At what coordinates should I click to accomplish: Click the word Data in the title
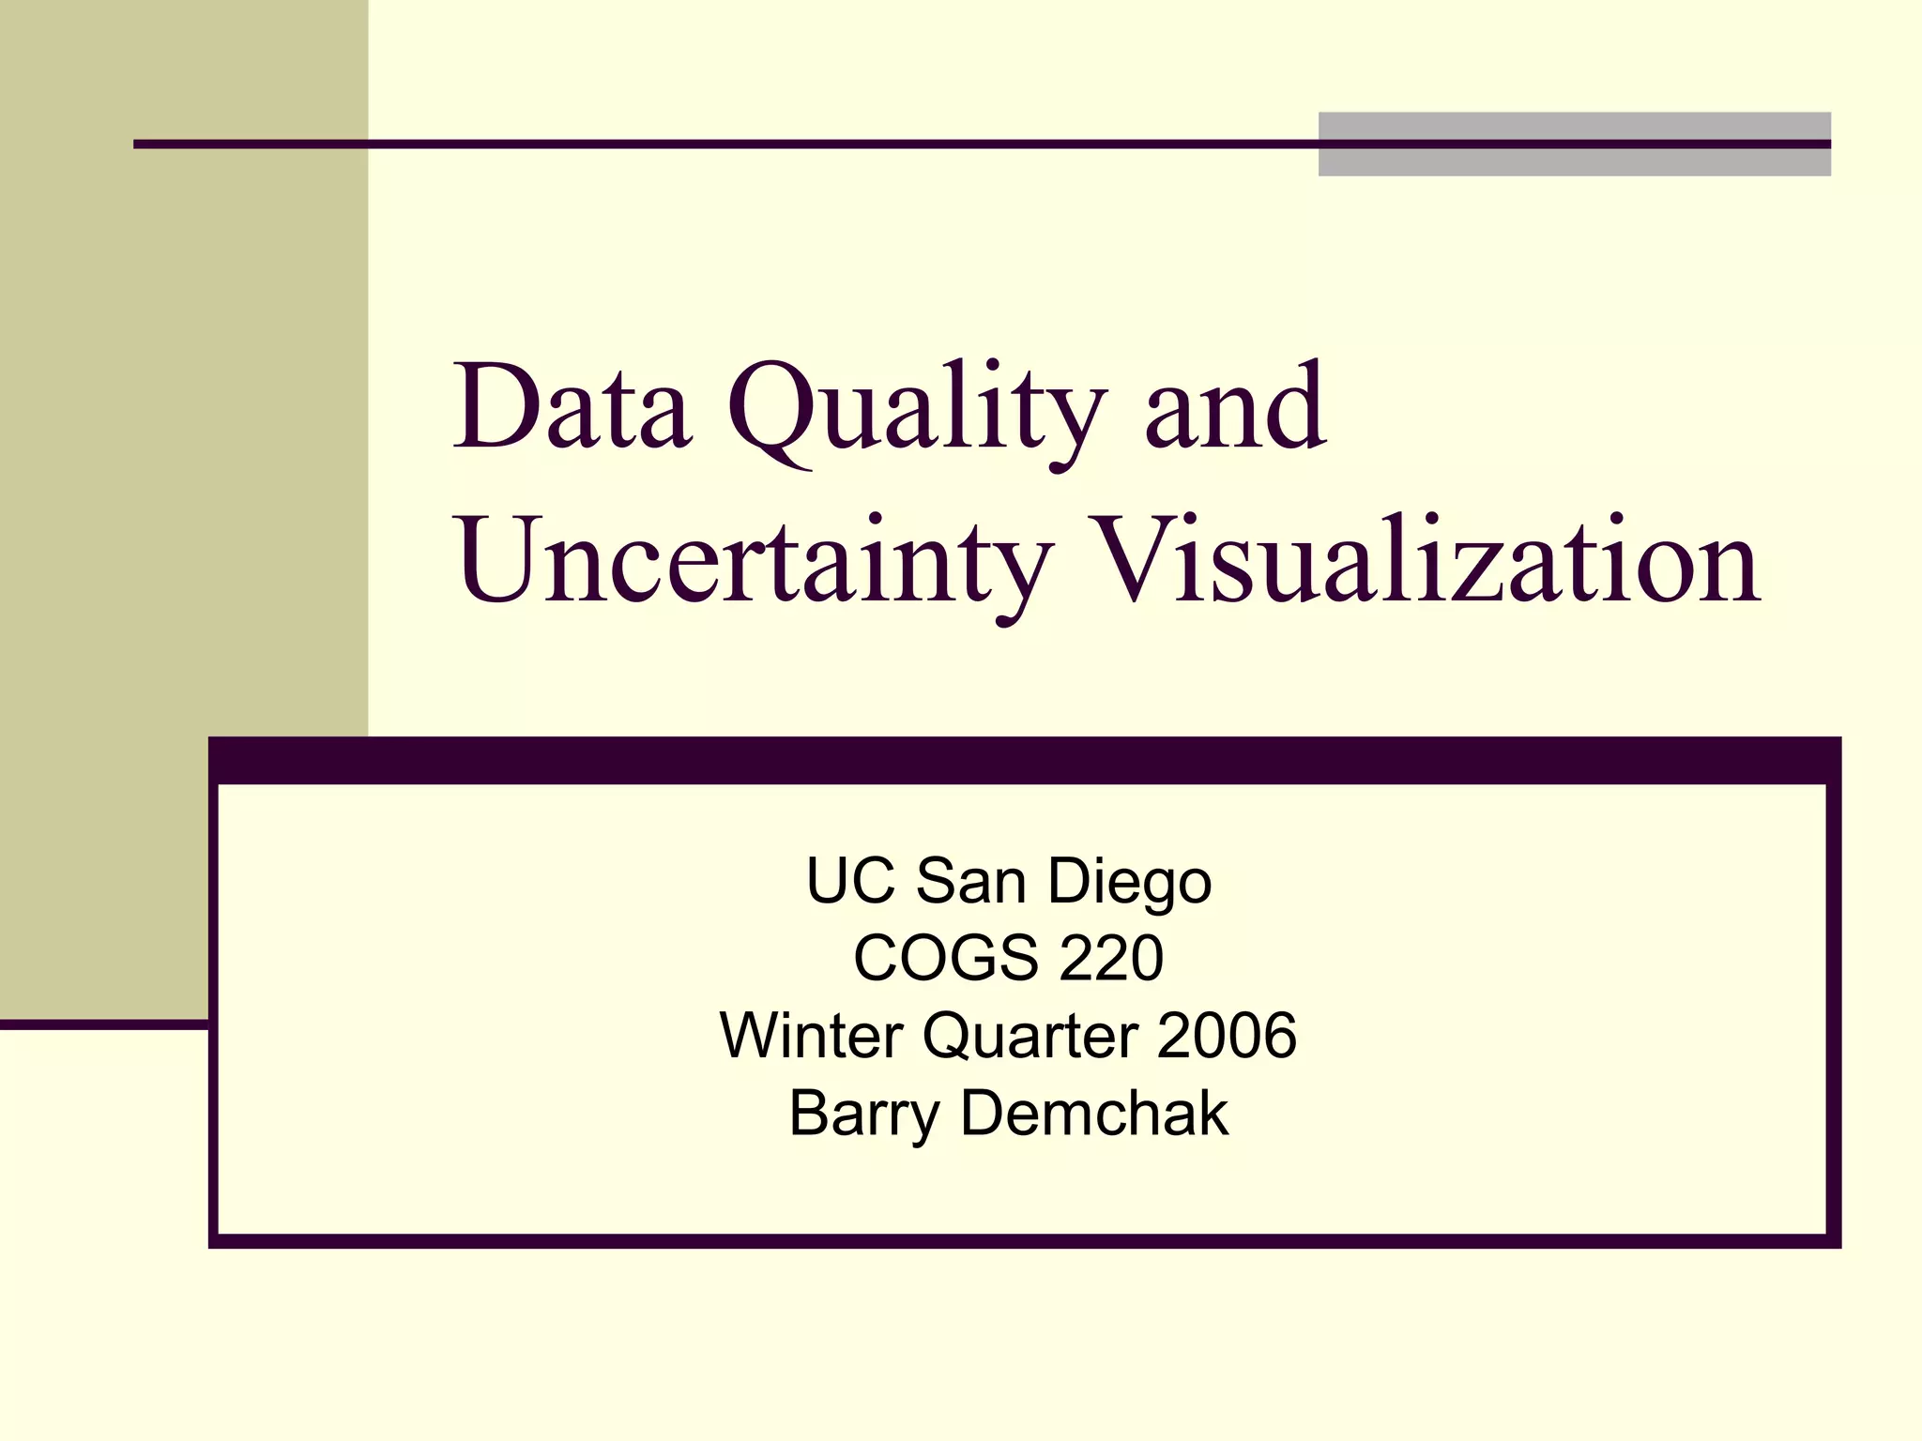[572, 408]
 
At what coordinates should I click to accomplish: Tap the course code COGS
[943, 959]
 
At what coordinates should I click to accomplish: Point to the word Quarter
[1030, 1038]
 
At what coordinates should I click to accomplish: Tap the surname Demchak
[1094, 1114]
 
